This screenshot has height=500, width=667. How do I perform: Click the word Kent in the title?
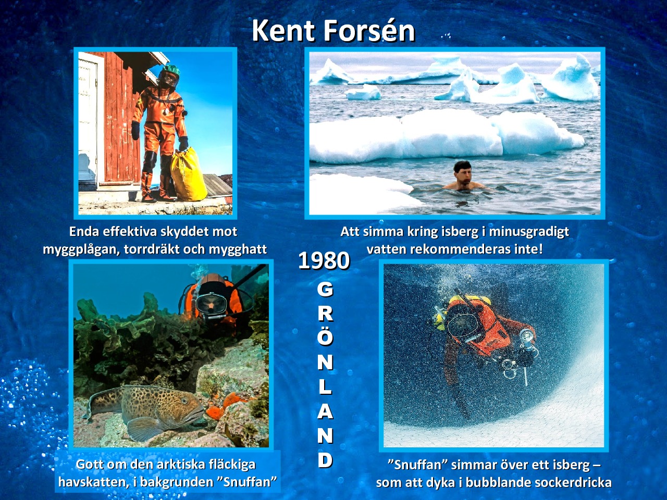[283, 31]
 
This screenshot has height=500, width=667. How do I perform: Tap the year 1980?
[324, 260]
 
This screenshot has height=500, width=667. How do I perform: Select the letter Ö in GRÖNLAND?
[325, 337]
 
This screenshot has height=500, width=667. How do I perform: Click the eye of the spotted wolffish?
[184, 401]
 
